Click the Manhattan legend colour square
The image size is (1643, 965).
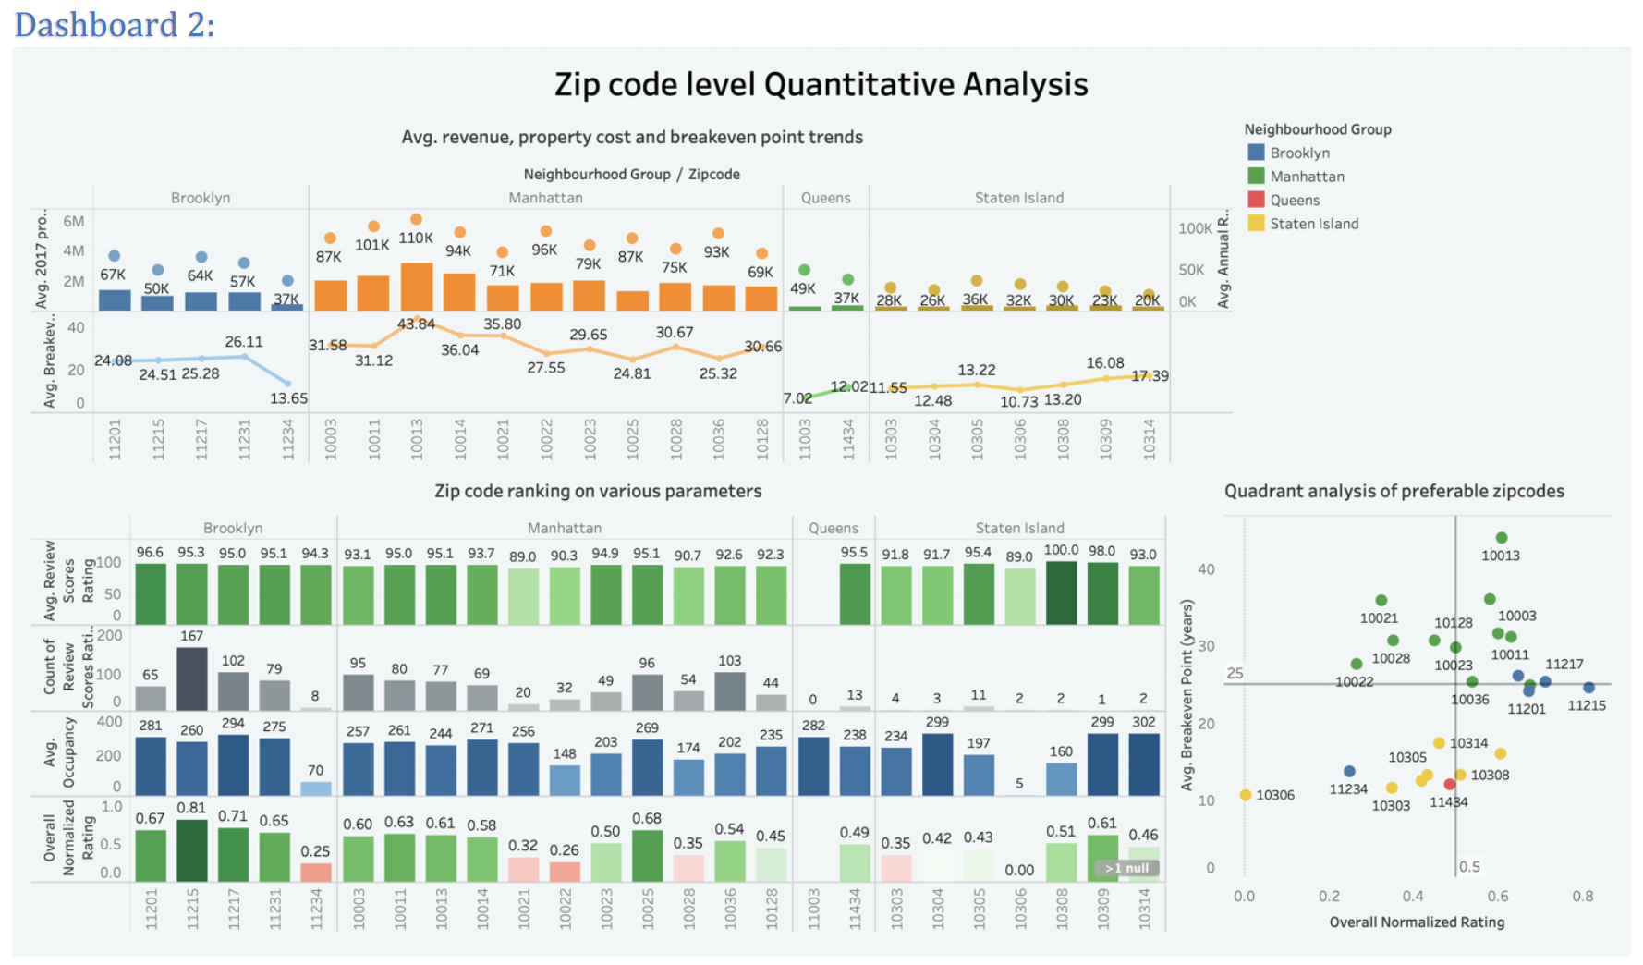point(1256,176)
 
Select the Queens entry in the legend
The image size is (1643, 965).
point(1294,200)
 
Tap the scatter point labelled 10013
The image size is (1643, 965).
point(1502,538)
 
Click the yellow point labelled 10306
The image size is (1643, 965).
point(1246,795)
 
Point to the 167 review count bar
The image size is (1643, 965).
point(191,678)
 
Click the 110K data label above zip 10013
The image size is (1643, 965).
point(416,238)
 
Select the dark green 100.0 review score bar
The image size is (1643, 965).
point(1061,592)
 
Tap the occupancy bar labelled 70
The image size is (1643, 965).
point(315,788)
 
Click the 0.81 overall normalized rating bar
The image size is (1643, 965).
point(191,850)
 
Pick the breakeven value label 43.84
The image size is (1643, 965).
point(416,324)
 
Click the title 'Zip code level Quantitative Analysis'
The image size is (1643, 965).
point(821,84)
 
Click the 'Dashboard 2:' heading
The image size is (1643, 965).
point(115,24)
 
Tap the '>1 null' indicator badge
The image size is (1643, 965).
point(1126,868)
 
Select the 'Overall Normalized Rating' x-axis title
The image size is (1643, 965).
point(1417,922)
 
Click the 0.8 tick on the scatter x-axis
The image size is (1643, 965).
point(1582,896)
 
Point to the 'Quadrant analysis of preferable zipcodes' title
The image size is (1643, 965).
point(1394,491)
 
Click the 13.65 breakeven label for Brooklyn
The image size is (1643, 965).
point(288,398)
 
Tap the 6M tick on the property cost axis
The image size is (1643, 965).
point(74,221)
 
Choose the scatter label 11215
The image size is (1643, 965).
point(1587,705)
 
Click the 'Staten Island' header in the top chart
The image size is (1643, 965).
point(1018,198)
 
